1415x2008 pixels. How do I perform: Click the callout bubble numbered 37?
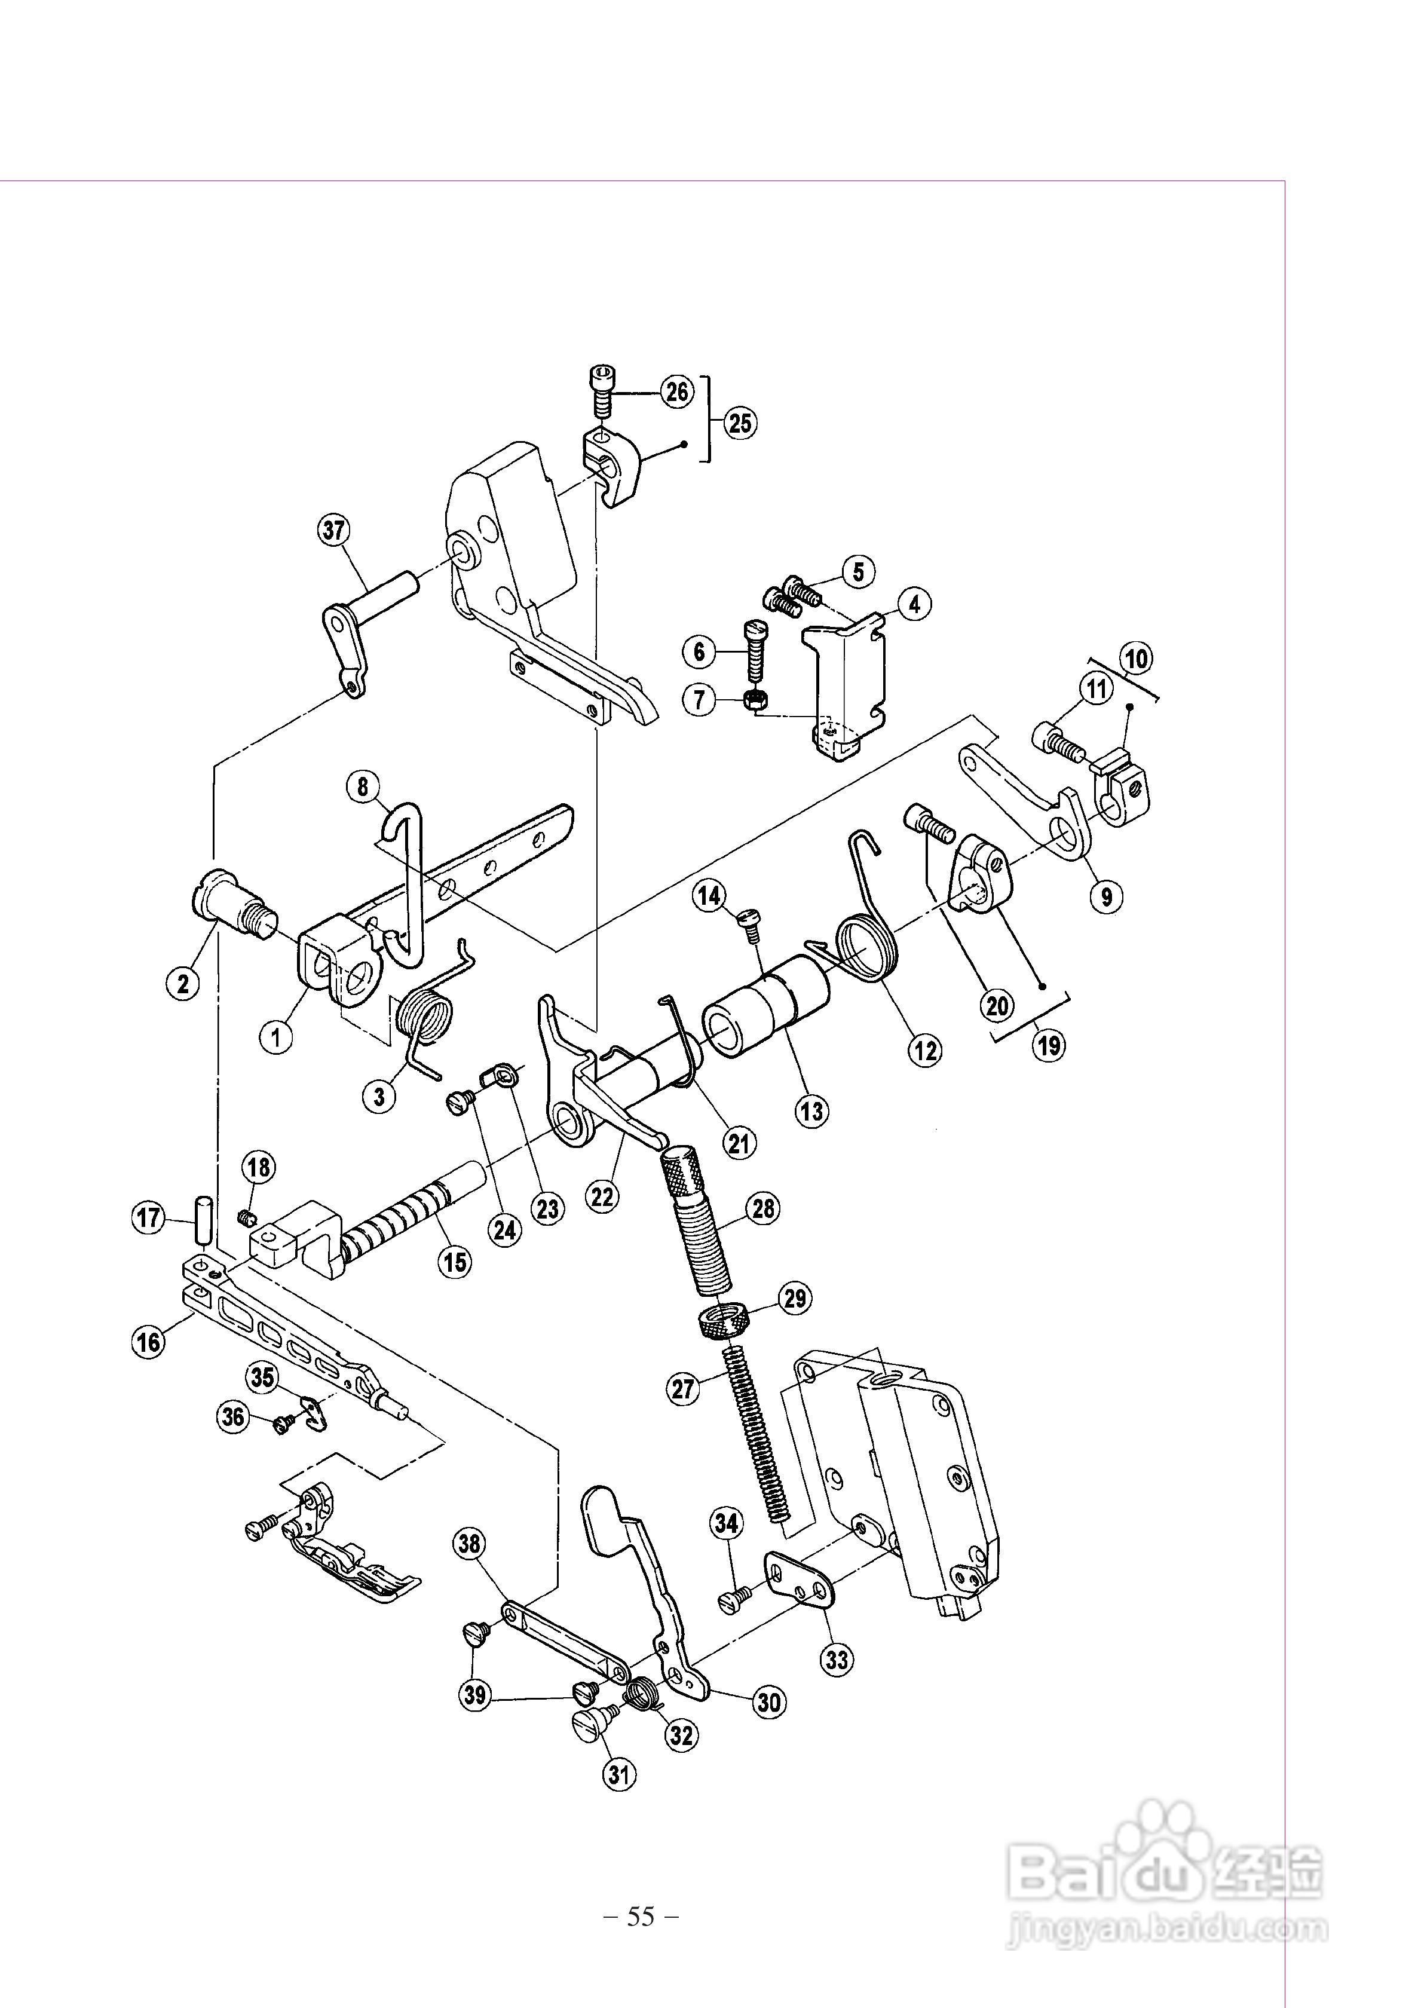tap(333, 530)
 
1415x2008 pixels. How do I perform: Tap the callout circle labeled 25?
tap(740, 423)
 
